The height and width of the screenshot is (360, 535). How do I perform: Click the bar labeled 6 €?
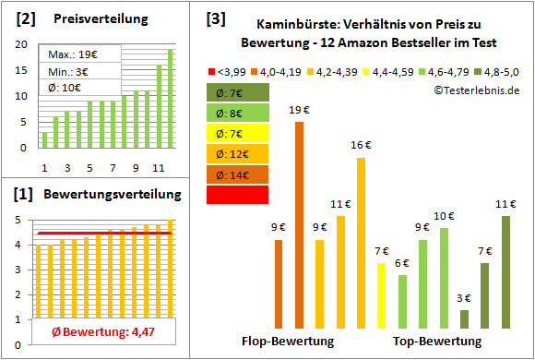point(402,302)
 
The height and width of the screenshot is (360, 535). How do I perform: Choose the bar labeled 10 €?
point(444,278)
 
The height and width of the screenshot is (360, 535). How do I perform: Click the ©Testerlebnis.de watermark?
point(476,89)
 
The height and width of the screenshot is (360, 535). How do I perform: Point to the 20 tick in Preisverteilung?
point(21,44)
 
